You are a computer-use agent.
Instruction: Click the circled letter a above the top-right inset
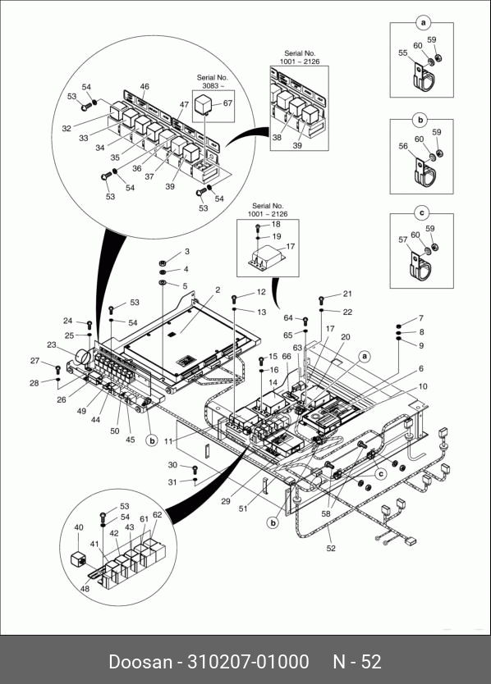pos(423,22)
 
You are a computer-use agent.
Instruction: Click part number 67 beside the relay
pos(227,103)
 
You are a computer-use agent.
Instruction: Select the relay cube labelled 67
pos(204,104)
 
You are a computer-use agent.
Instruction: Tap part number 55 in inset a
pos(403,52)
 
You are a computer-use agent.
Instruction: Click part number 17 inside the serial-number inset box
pos(291,247)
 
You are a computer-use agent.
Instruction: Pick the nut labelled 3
pos(161,262)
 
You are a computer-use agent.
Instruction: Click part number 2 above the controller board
pos(218,290)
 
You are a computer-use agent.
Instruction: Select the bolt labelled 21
pos(322,299)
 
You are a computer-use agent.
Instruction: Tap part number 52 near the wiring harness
pos(331,548)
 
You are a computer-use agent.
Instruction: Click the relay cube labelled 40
pos(79,560)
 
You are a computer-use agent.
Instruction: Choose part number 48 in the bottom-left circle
pos(85,589)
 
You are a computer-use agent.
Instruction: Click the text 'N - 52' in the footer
pos(357,662)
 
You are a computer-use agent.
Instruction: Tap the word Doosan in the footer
pos(140,662)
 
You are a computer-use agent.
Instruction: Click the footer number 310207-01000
pos(248,662)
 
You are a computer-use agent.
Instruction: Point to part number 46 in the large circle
pos(145,86)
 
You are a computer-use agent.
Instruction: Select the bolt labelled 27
pos(57,370)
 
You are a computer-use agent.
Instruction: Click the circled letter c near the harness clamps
pos(381,474)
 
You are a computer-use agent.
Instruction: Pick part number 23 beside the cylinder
pos(52,344)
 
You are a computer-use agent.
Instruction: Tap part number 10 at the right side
pos(422,386)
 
